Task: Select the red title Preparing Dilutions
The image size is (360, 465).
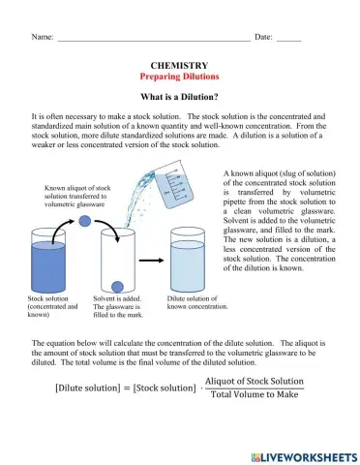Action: point(179,76)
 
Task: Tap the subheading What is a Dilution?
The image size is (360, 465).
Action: point(179,97)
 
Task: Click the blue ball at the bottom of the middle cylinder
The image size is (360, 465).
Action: point(119,284)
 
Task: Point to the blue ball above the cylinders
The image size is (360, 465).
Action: point(85,222)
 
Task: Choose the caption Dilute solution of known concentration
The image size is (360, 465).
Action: point(196,303)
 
